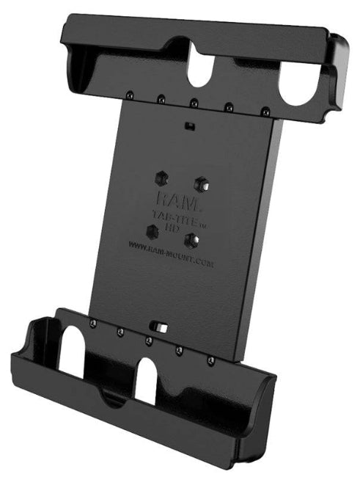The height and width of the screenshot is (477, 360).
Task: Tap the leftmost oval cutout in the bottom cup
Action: click(x=71, y=349)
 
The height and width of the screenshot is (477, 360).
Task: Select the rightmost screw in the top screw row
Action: click(x=265, y=112)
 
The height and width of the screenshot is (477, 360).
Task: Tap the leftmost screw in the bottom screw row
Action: click(x=92, y=324)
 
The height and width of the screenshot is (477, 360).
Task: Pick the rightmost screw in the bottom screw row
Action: click(x=211, y=361)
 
